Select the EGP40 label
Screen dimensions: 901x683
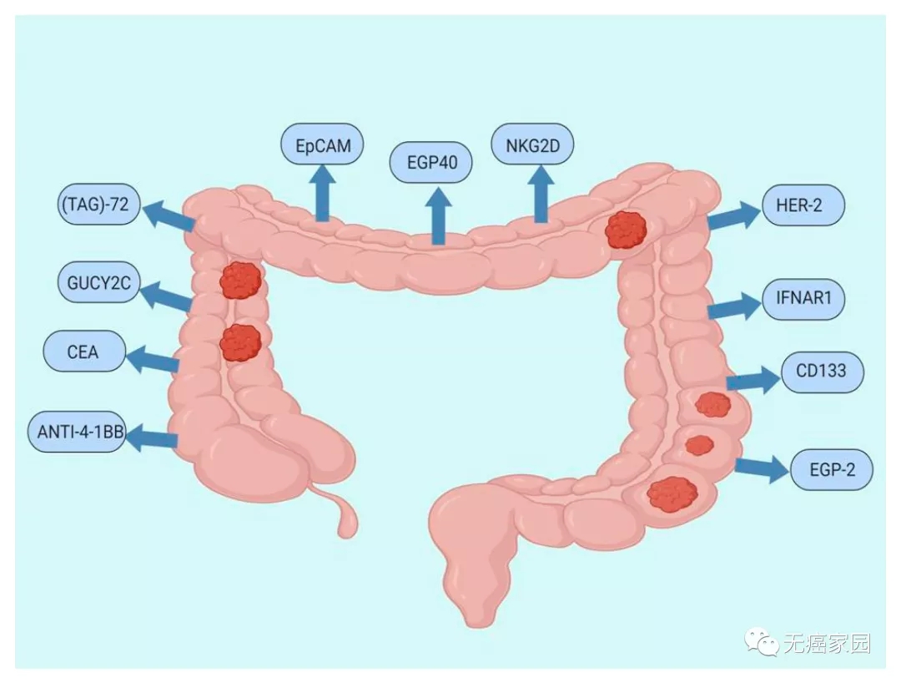tap(431, 162)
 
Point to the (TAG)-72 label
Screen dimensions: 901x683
tap(98, 204)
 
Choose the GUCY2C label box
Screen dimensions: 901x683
tap(98, 282)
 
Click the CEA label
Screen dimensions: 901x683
tap(84, 351)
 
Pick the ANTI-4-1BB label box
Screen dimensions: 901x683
tap(77, 431)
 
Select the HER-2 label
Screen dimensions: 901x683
tap(803, 205)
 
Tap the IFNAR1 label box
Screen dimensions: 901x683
tap(803, 299)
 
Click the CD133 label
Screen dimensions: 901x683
tap(823, 372)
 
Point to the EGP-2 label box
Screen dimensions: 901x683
tap(832, 469)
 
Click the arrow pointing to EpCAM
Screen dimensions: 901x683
tap(322, 193)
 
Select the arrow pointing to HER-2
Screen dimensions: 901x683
tap(735, 215)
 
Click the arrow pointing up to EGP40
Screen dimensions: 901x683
tap(439, 215)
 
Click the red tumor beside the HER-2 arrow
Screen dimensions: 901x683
tap(626, 230)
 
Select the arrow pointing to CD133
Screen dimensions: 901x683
tap(754, 379)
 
